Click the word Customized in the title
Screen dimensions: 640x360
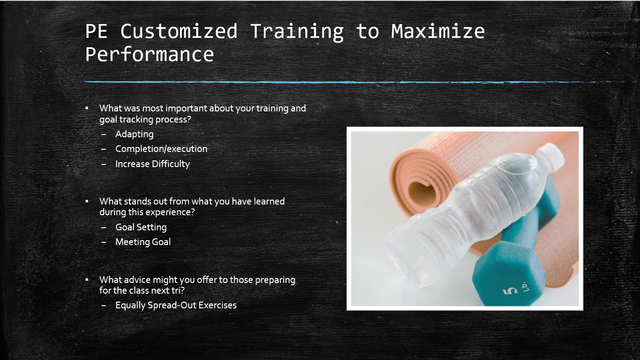click(x=179, y=31)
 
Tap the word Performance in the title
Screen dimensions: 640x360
click(x=149, y=54)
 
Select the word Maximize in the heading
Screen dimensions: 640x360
click(x=438, y=31)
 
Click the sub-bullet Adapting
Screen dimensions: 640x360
click(x=134, y=134)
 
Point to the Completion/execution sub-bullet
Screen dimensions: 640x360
click(x=161, y=149)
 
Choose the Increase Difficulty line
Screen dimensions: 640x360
click(x=152, y=164)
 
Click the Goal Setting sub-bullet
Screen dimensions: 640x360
click(x=141, y=227)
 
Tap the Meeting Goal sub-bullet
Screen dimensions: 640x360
click(x=143, y=242)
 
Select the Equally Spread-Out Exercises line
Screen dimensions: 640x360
click(x=176, y=306)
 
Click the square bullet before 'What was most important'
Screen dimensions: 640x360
click(x=87, y=108)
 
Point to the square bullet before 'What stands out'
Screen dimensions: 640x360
click(x=87, y=201)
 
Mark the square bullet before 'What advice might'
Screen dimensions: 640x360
click(x=87, y=279)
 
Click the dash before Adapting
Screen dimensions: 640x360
click(x=104, y=134)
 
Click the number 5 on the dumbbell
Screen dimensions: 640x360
click(x=510, y=291)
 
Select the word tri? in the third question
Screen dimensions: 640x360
click(x=178, y=290)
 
